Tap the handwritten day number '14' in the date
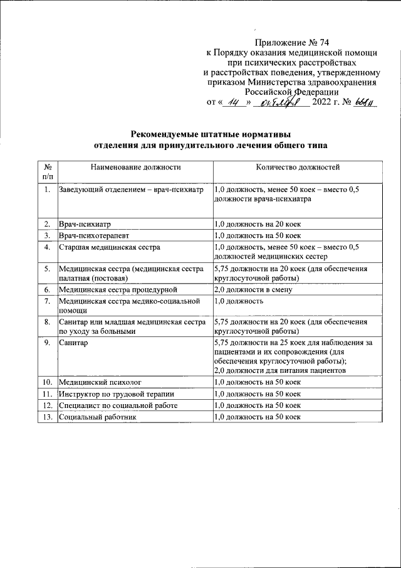233,102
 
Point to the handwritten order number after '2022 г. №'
363,102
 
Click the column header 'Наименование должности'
135,168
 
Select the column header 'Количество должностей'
298,168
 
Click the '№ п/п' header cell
47,173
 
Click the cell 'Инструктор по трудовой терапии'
117,394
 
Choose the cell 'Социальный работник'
97,417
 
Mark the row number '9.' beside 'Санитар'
47,343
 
